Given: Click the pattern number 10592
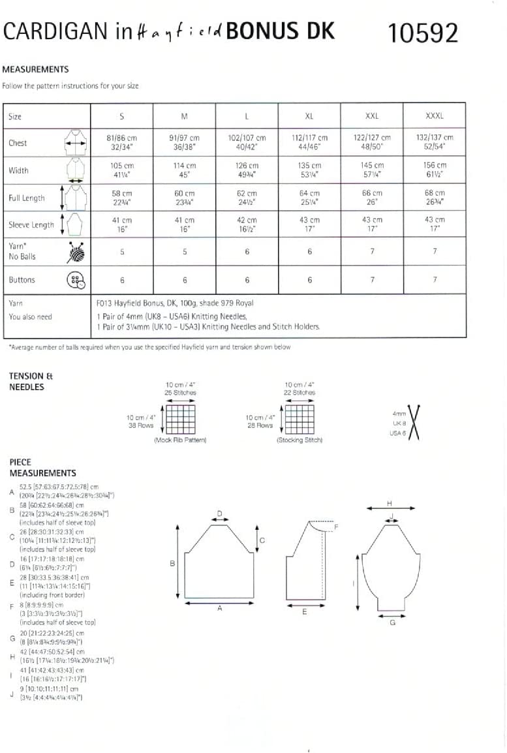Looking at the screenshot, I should (423, 32).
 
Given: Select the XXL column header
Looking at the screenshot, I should (372, 116).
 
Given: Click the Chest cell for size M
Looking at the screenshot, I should (185, 142).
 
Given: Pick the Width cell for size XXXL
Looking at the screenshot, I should (435, 170).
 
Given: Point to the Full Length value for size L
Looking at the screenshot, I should (247, 197).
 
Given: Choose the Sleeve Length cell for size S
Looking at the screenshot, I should (122, 224).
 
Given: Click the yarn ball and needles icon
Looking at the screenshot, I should (76, 252).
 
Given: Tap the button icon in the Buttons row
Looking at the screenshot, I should (76, 280).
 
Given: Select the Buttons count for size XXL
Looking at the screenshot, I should (372, 280).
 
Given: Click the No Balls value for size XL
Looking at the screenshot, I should (309, 252).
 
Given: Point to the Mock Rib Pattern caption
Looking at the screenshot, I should (180, 440).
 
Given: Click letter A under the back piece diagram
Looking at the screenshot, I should (219, 608).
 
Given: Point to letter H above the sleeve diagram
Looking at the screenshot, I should (390, 502).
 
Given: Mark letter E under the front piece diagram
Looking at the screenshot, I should (304, 611).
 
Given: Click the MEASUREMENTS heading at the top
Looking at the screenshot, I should (36, 69).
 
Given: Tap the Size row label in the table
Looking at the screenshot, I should (15, 116).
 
